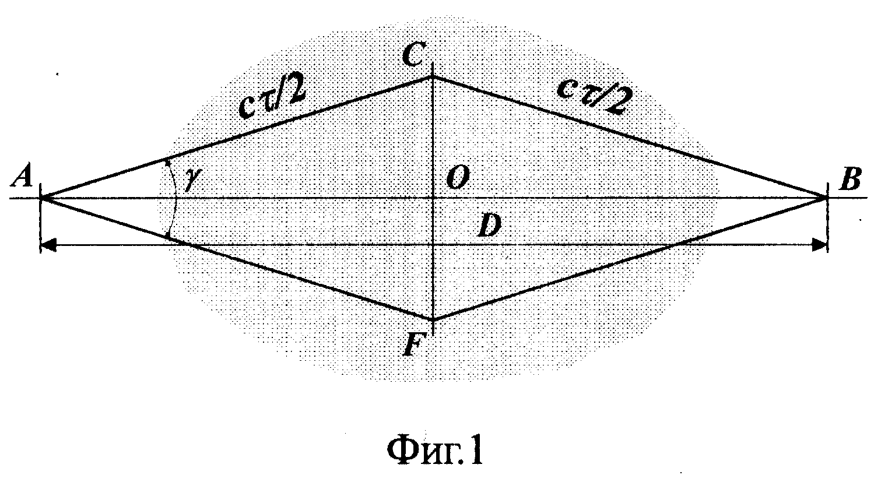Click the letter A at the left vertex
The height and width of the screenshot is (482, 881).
click(x=23, y=176)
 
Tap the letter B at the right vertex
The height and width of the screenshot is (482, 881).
click(x=850, y=180)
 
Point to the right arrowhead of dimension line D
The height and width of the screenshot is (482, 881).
click(x=820, y=245)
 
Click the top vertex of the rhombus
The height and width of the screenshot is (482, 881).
click(x=433, y=76)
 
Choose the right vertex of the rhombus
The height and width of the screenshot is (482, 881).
click(x=824, y=198)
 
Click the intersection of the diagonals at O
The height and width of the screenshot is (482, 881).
click(x=433, y=198)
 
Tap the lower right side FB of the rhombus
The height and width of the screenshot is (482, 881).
click(x=629, y=258)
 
